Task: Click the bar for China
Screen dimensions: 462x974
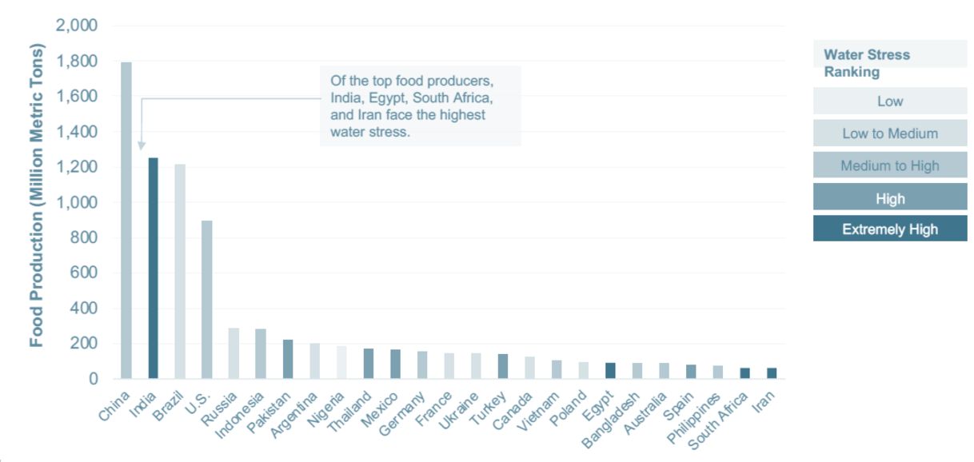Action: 126,220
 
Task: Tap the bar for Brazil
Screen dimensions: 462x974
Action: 180,272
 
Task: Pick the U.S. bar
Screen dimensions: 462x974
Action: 207,300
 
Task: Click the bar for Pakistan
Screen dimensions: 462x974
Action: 288,359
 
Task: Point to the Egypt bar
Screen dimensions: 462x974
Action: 611,371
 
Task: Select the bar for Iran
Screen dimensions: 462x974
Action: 772,373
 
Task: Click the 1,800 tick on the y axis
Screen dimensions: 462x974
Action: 77,62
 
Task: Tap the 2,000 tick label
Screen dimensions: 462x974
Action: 77,26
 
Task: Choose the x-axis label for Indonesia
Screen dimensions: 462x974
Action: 241,416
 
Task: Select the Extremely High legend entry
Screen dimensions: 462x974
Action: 890,229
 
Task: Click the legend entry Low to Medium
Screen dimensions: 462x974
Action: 890,133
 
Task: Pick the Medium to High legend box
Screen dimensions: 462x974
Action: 890,166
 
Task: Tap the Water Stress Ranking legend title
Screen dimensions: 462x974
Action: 867,63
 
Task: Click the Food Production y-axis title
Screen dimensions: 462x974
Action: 37,195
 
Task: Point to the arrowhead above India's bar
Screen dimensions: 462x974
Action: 142,145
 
